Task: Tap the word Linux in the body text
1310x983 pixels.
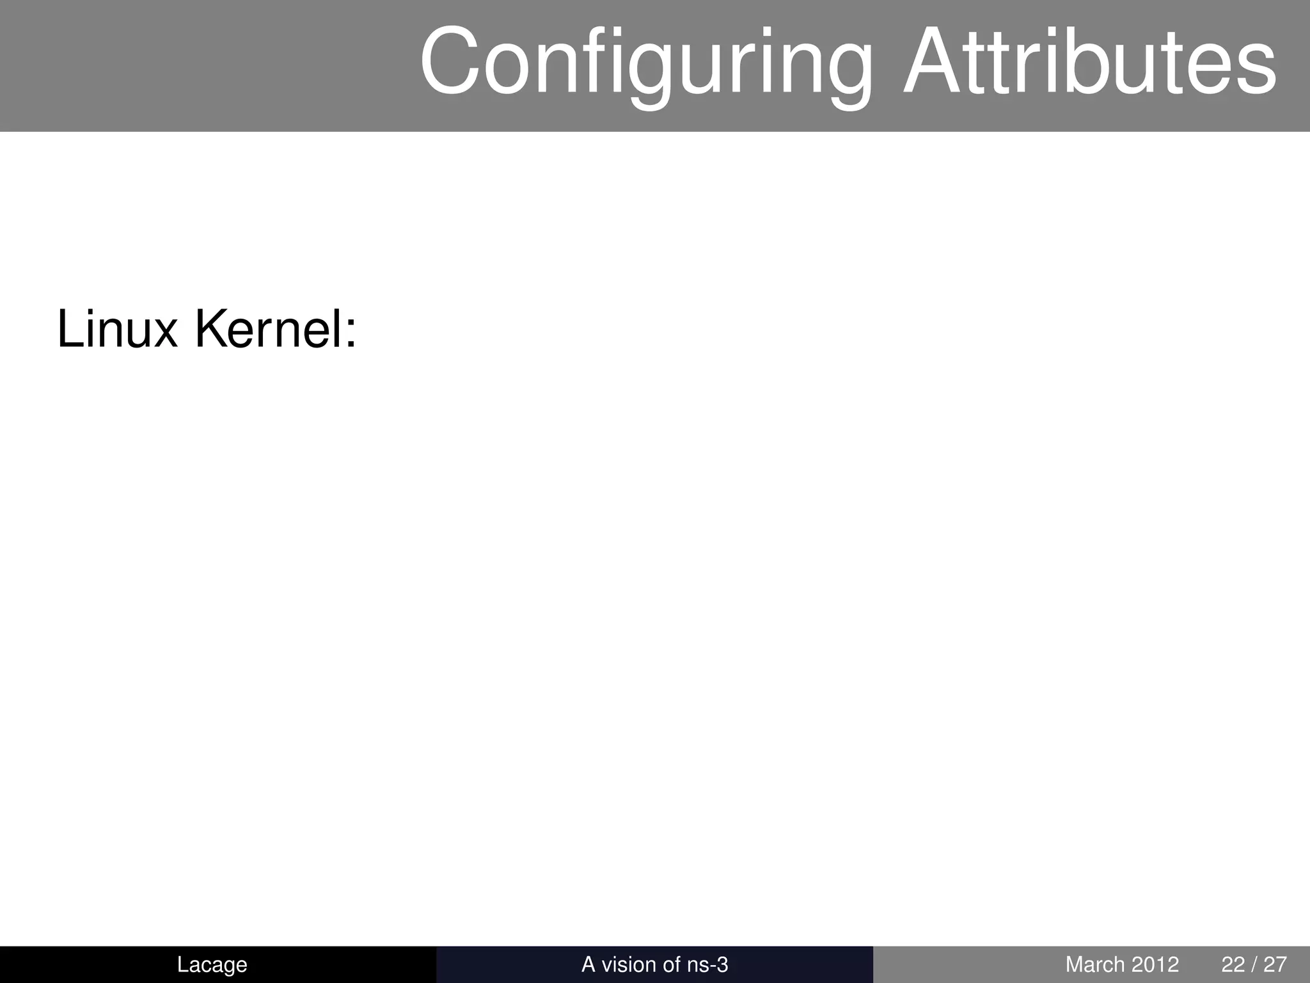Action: pyautogui.click(x=117, y=330)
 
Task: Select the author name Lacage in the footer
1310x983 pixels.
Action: pyautogui.click(x=212, y=964)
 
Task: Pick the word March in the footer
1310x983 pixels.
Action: pyautogui.click(x=1095, y=964)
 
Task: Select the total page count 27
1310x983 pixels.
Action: pyautogui.click(x=1275, y=964)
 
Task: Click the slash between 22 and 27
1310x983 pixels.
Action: pyautogui.click(x=1254, y=964)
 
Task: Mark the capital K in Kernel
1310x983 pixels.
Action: pyautogui.click(x=212, y=330)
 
